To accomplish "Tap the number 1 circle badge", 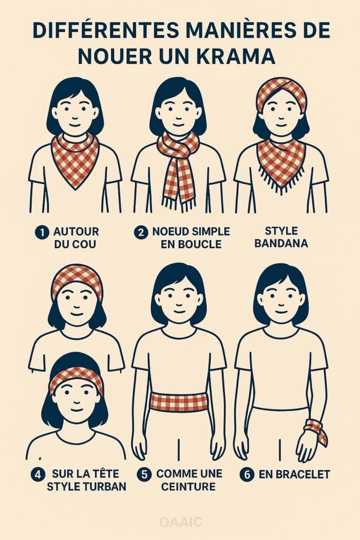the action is coord(42,233).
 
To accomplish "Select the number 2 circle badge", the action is coord(141,232).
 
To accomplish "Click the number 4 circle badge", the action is coord(37,475).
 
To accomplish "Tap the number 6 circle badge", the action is coord(247,475).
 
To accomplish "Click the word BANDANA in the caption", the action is coord(281,244).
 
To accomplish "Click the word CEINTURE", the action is coord(188,487).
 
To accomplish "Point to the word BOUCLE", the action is coord(200,244).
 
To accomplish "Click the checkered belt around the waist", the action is coord(179,402).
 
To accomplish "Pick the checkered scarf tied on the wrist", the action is coord(316,430).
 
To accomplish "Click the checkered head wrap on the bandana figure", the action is coord(281,91).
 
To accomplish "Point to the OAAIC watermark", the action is coord(180,522).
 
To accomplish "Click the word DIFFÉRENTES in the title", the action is coord(105,30).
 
